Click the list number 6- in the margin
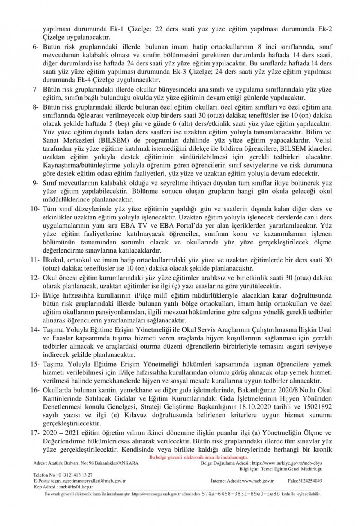tap(36, 47)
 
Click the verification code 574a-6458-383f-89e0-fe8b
tap(241, 494)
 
